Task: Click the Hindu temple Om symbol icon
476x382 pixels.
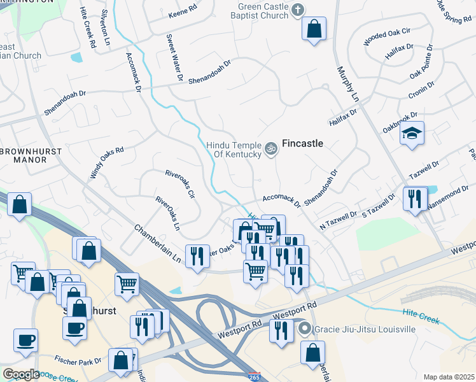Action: click(x=271, y=148)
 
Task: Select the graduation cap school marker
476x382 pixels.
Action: click(x=412, y=134)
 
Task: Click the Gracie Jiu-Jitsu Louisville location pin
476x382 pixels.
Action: click(x=305, y=329)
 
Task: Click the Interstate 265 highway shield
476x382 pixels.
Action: click(x=255, y=376)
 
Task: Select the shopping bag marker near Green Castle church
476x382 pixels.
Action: click(x=314, y=29)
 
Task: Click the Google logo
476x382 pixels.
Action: click(x=22, y=374)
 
